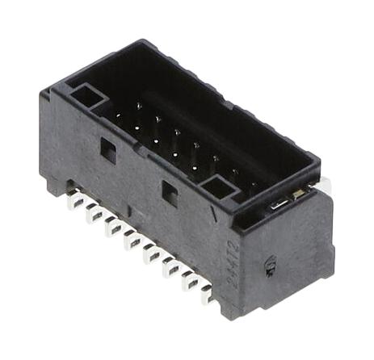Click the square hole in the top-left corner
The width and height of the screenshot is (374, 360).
pos(88,98)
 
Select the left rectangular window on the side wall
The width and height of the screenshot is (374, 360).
pos(107,149)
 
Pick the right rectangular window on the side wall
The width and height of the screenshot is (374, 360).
pos(170,191)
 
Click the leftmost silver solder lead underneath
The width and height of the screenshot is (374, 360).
pos(75,201)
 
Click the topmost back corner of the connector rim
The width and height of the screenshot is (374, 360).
pos(145,42)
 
